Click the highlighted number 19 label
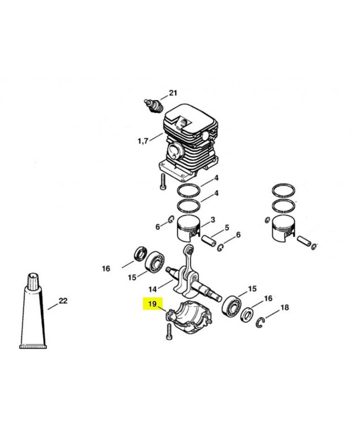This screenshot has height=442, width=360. [x=152, y=304]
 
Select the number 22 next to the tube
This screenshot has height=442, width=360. [x=63, y=301]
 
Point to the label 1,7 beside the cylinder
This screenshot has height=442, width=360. [x=143, y=141]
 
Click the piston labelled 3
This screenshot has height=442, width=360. [x=188, y=229]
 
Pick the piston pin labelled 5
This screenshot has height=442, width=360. [x=209, y=241]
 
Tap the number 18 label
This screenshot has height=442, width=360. [x=285, y=307]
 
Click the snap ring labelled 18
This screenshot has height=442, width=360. [x=261, y=323]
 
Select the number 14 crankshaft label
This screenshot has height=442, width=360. [x=152, y=289]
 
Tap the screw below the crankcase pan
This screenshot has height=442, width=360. [x=169, y=332]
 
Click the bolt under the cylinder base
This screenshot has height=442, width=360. [x=163, y=182]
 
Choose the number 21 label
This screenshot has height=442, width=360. [x=173, y=93]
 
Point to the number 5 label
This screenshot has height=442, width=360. [x=227, y=228]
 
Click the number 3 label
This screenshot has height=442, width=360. [x=213, y=219]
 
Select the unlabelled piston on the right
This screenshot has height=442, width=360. [x=283, y=228]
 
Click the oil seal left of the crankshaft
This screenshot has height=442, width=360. [x=140, y=254]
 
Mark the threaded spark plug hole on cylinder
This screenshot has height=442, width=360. [x=183, y=122]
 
